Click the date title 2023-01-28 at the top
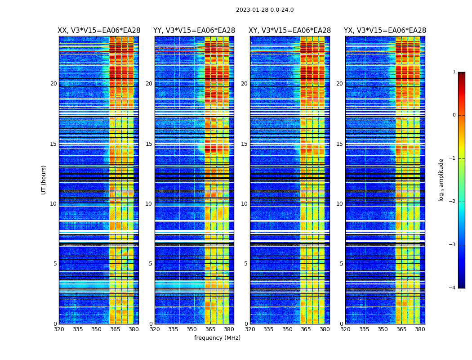point(265,10)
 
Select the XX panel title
point(99,31)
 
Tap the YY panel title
point(194,31)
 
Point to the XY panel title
point(290,31)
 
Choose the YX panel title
point(385,31)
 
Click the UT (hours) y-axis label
point(44,180)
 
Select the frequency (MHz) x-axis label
point(217,338)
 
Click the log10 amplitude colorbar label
point(441,180)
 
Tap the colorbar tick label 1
point(454,72)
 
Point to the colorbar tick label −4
point(453,288)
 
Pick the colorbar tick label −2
point(453,202)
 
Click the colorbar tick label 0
point(454,115)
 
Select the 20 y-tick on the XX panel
point(53,84)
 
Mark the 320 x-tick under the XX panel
point(59,329)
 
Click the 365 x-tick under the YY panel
point(210,329)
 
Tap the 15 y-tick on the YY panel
point(149,144)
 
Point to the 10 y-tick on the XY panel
point(244,204)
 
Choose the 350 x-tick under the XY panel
point(287,329)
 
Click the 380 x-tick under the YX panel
point(420,329)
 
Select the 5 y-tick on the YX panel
point(341,264)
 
